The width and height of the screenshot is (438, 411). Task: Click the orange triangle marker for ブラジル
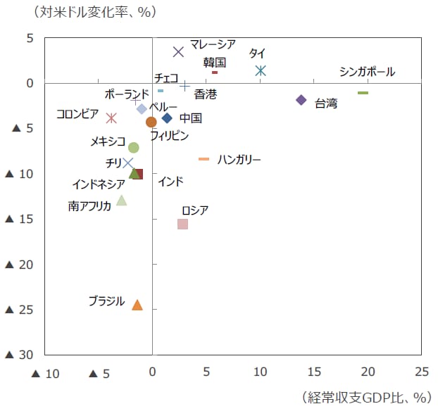[x=137, y=305]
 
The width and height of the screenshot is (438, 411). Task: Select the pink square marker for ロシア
[x=182, y=224]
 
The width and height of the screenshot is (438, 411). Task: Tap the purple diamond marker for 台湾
[x=301, y=100]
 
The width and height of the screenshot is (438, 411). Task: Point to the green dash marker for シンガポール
[x=363, y=93]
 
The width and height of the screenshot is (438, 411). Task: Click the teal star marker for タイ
[x=261, y=70]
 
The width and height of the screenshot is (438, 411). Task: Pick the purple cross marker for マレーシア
[x=179, y=51]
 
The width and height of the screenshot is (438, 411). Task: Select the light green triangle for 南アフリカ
[x=122, y=201]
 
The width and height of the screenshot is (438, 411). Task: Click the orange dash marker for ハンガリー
[x=204, y=159]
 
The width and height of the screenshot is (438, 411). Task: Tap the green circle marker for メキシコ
[x=134, y=148]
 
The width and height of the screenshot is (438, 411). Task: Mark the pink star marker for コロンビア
[x=111, y=118]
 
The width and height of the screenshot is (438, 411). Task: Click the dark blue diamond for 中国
[x=167, y=118]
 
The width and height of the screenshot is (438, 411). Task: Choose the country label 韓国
[x=214, y=62]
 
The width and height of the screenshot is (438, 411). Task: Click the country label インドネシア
[x=99, y=185]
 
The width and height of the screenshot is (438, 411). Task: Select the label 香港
[x=206, y=94]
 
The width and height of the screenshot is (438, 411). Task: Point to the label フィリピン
[x=169, y=135]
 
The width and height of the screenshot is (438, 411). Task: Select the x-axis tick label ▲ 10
[x=46, y=373]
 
